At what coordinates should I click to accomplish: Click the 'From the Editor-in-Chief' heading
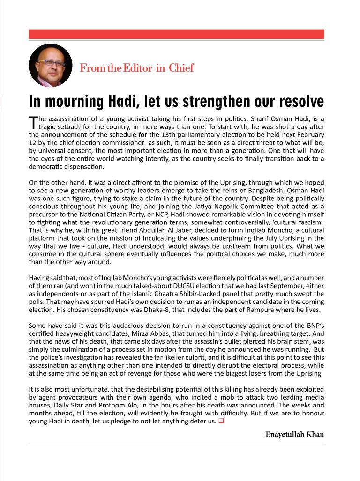(136, 68)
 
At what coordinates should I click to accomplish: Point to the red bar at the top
(176, 34)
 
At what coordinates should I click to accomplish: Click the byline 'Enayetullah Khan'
(294, 434)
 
